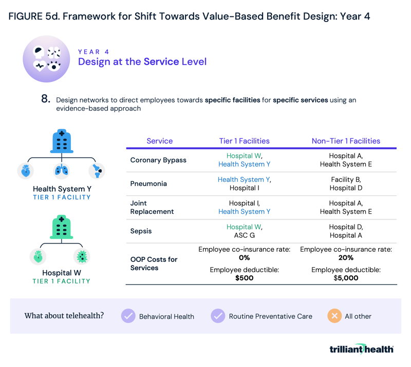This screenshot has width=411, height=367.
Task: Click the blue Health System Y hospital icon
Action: [61, 141]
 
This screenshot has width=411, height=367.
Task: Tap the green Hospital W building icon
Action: [61, 227]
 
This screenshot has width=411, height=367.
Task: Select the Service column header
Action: [160, 141]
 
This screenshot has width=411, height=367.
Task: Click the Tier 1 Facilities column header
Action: [244, 141]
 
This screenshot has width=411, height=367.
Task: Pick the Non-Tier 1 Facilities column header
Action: [346, 141]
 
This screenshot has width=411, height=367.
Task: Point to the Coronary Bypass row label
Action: [158, 160]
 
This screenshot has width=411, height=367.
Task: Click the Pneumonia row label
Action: [148, 183]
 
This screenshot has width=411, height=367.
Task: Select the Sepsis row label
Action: [141, 231]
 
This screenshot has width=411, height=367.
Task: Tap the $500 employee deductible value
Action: [244, 278]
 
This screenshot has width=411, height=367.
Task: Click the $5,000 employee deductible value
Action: [346, 278]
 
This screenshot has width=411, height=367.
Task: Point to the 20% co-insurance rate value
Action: [346, 258]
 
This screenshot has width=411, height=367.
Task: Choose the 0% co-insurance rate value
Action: [244, 258]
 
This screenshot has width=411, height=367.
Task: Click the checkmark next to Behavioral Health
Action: [128, 316]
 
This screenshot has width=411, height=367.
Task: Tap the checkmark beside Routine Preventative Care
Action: [218, 316]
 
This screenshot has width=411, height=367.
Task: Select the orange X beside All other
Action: [334, 316]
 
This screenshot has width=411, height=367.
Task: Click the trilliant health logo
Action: [362, 349]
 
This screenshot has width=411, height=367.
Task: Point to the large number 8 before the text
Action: [46, 99]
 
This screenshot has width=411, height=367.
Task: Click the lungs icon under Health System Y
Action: [61, 170]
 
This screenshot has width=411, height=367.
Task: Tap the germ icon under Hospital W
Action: [81, 256]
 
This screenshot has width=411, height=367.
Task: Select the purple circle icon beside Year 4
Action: [46, 59]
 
